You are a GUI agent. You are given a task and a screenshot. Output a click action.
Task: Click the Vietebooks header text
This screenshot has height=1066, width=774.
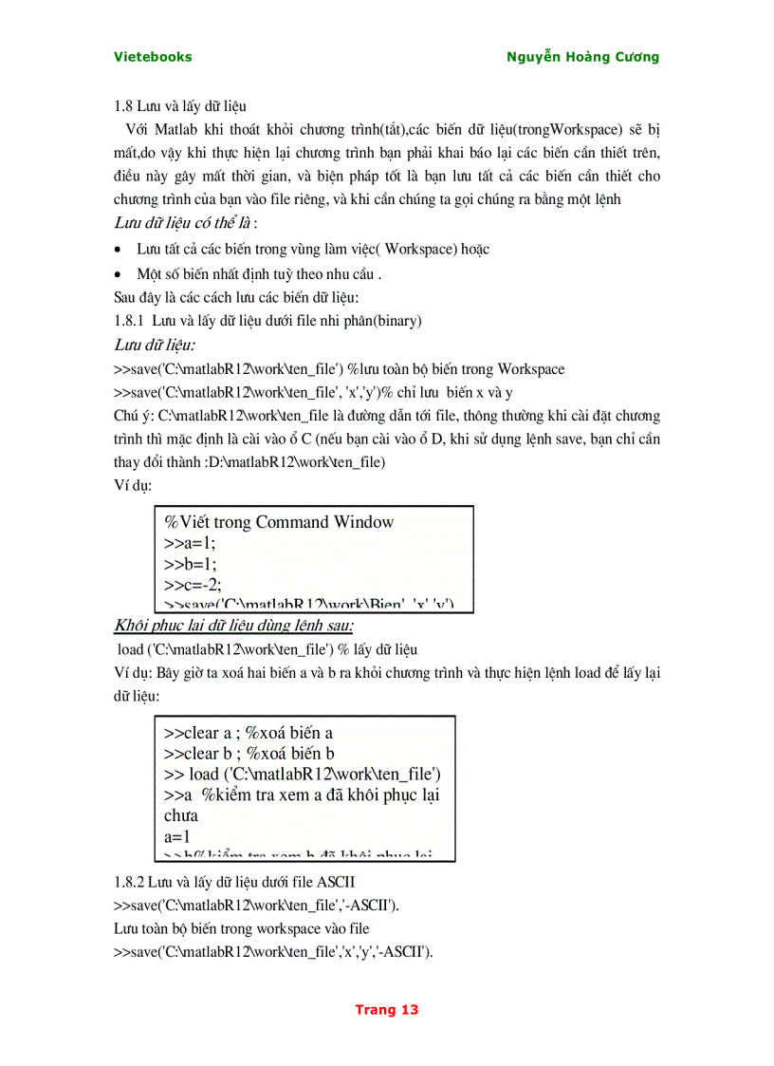153,57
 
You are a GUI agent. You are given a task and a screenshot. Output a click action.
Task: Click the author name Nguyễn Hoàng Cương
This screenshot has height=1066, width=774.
583,57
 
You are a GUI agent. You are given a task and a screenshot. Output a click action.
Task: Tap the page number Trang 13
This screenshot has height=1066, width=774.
386,1010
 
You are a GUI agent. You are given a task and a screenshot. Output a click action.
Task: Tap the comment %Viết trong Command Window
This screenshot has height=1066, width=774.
279,522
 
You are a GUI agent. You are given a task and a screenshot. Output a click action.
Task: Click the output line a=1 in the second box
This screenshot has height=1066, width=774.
177,836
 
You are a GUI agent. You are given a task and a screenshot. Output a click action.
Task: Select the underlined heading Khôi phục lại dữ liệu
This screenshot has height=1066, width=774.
233,627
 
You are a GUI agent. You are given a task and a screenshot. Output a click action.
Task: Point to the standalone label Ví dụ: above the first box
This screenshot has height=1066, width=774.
132,484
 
